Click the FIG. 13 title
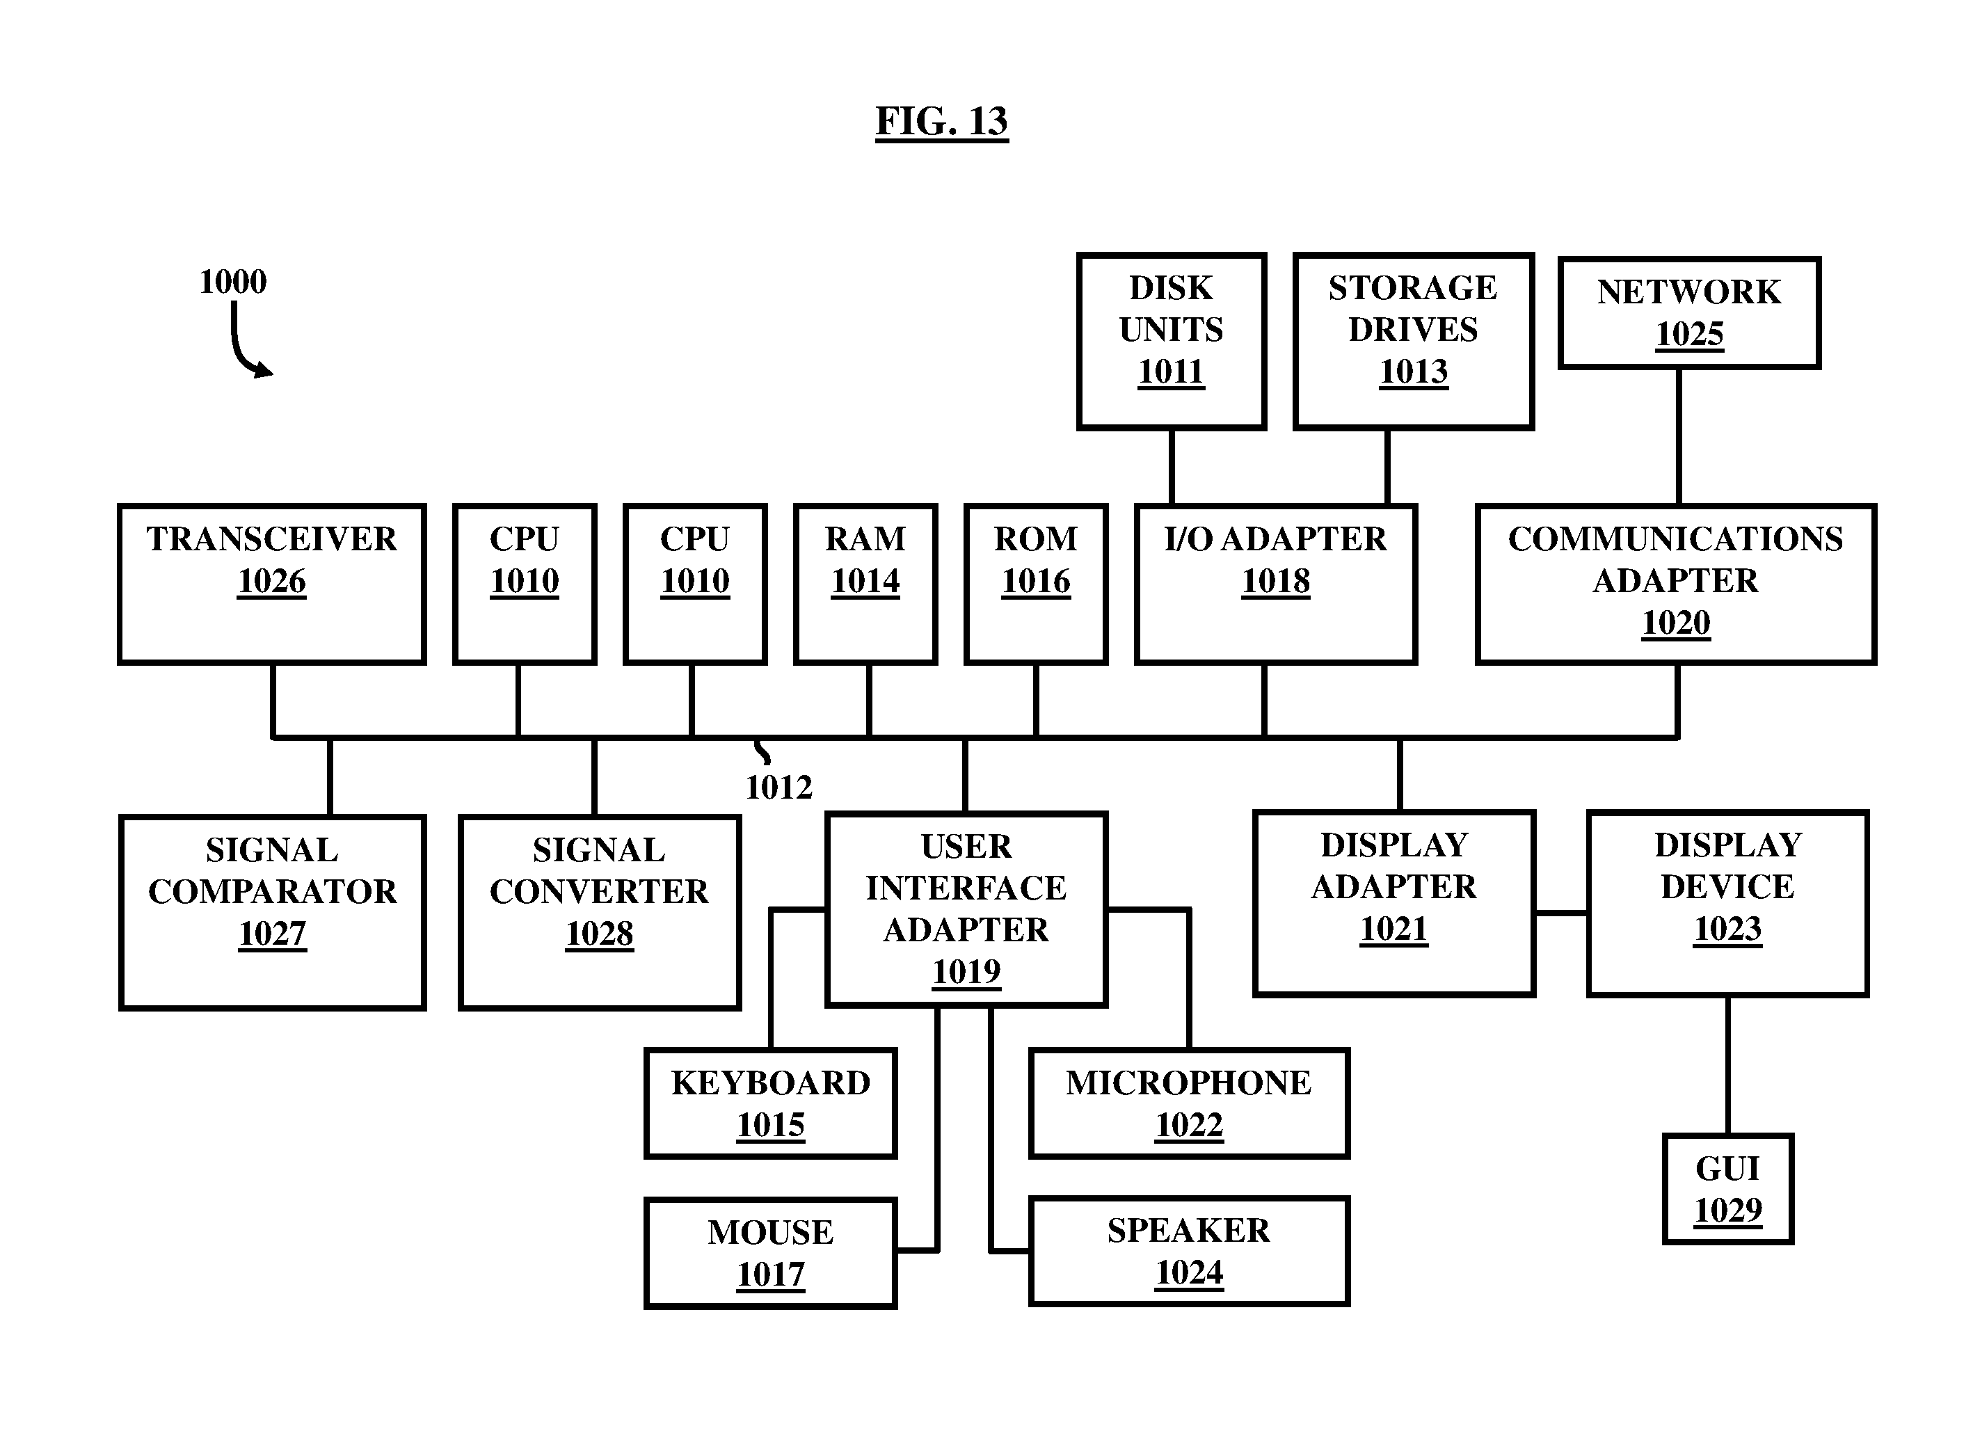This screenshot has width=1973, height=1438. click(x=942, y=121)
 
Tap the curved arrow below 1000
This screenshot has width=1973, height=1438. click(x=239, y=348)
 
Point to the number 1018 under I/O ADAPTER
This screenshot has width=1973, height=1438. click(x=1275, y=582)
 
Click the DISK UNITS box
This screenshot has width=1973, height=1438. click(x=1172, y=341)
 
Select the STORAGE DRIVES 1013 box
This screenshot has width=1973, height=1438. click(x=1414, y=341)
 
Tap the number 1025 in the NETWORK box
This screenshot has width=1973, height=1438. click(x=1689, y=334)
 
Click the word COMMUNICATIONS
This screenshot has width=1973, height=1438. click(x=1675, y=538)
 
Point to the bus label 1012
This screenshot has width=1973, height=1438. click(x=778, y=788)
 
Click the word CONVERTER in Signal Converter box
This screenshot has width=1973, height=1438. click(x=599, y=891)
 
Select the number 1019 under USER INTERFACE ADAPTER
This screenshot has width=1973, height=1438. click(x=966, y=971)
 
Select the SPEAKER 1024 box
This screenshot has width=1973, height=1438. click(x=1189, y=1252)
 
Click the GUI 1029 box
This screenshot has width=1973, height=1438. click(x=1727, y=1189)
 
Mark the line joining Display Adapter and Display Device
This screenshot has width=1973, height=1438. click(x=1561, y=913)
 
